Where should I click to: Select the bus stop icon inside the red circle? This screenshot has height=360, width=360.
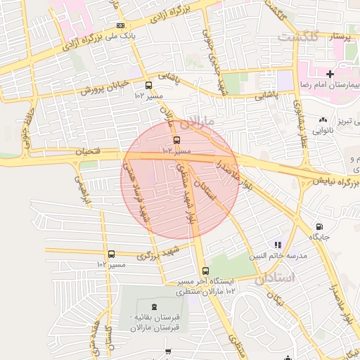[176, 139]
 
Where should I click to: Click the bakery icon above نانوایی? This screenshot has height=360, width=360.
[323, 120]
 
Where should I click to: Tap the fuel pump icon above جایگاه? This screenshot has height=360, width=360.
[320, 227]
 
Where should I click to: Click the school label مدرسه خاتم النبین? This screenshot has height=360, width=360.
[284, 256]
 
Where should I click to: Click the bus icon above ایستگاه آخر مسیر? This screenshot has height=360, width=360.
[205, 271]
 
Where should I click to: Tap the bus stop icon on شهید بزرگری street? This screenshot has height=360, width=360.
[111, 254]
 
